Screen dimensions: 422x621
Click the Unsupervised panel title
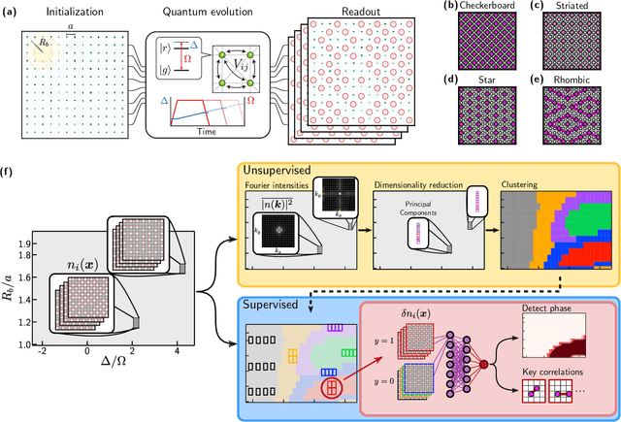[x=286, y=170]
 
